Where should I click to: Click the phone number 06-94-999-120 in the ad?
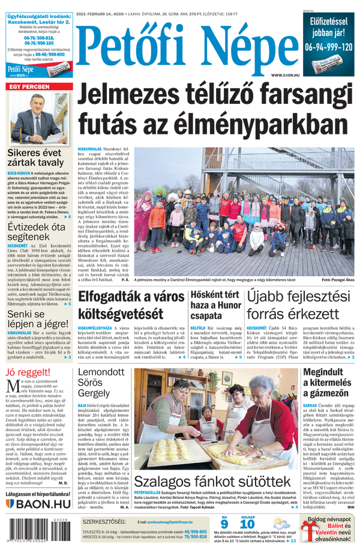click(x=328, y=46)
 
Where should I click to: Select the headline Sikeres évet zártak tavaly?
click(x=35, y=157)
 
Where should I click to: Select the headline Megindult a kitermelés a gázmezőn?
click(x=329, y=383)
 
